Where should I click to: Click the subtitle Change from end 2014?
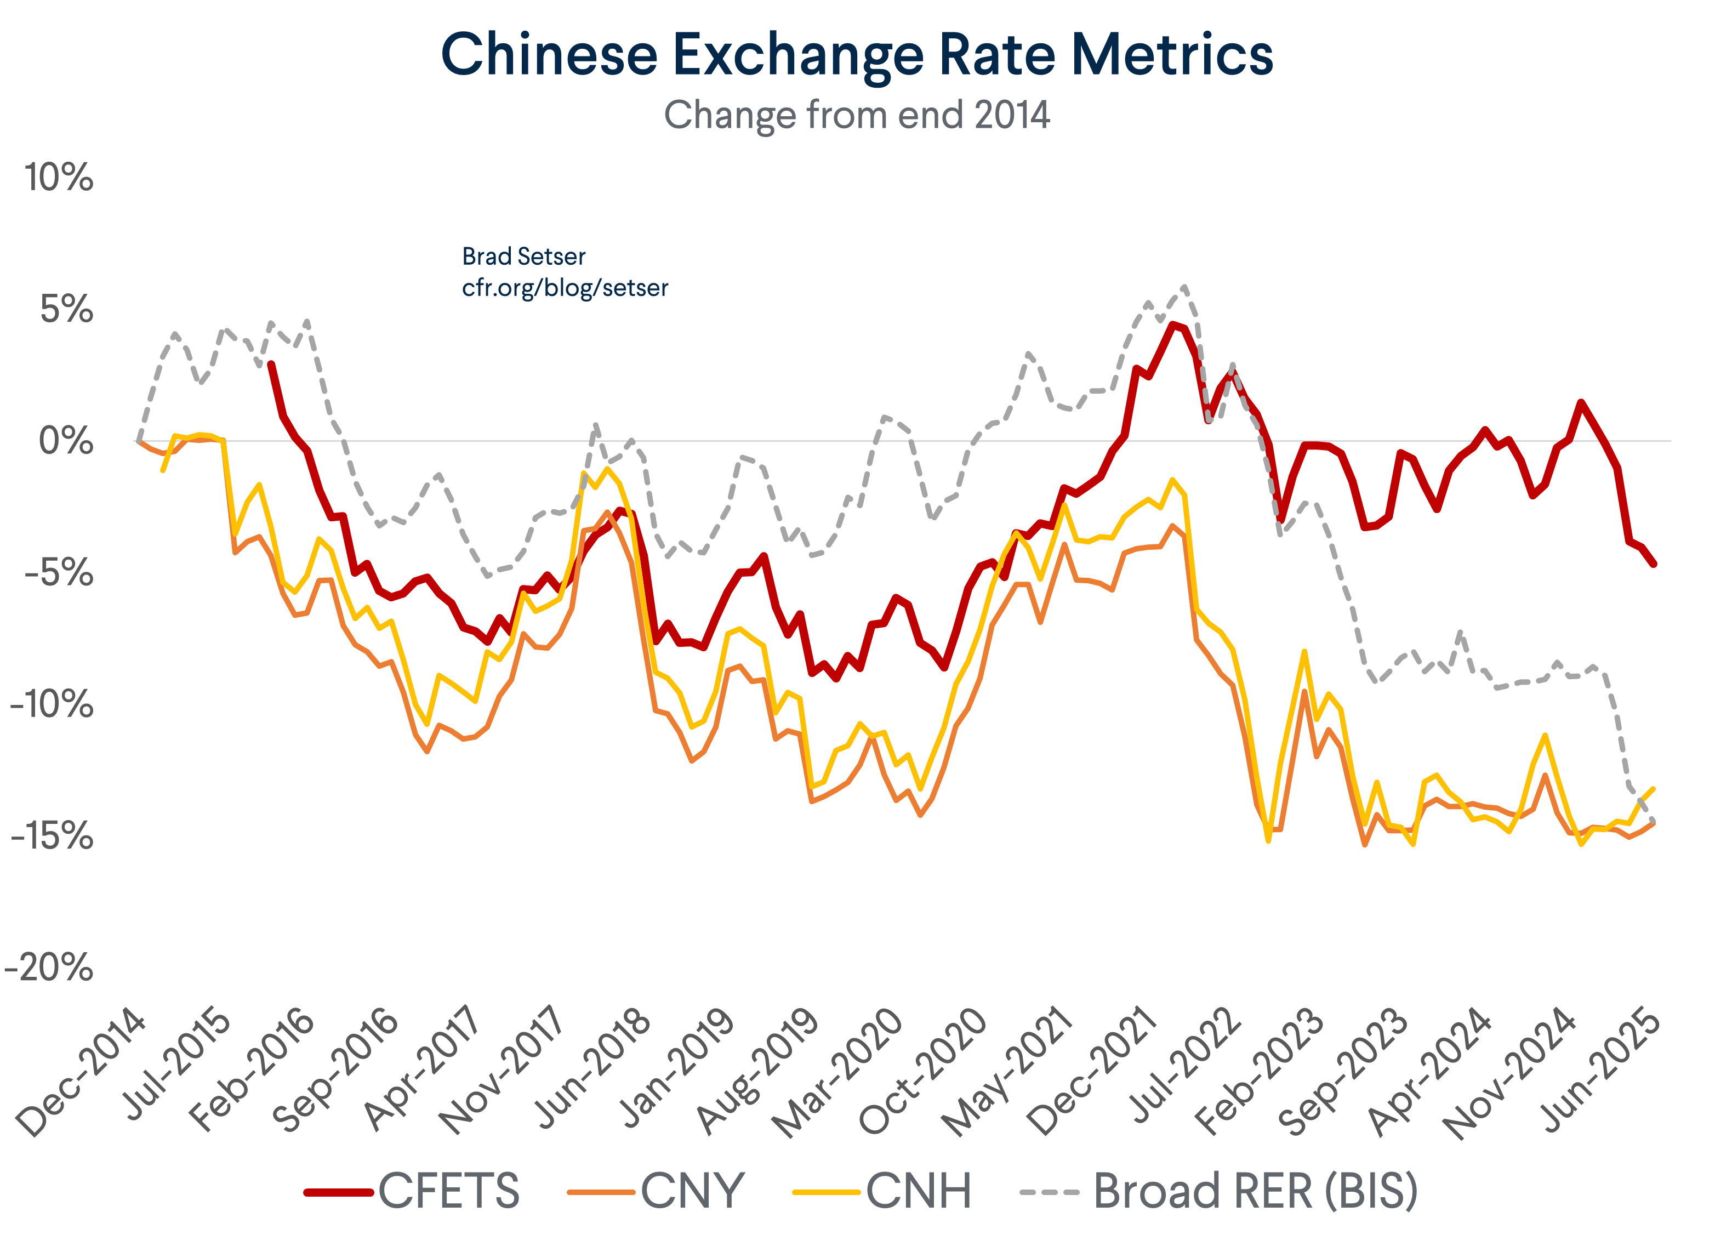coord(857,116)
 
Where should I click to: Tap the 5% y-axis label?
coord(66,309)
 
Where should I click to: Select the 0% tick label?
coord(66,441)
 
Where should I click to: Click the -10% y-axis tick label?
coord(52,704)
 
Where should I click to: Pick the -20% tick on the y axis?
coord(49,968)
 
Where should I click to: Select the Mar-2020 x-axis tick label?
coord(838,1072)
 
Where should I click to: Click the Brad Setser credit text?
coord(523,257)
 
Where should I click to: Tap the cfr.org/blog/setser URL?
coord(565,288)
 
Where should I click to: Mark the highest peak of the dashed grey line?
coord(1183,287)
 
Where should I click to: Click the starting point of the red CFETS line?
coord(271,365)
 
